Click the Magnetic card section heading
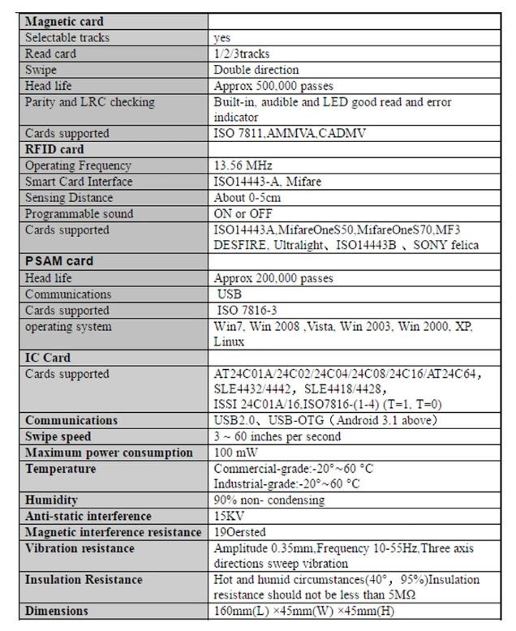[64, 22]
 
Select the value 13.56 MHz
[243, 165]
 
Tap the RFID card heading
[54, 149]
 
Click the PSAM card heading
[59, 261]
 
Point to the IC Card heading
[48, 358]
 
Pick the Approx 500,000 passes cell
[273, 86]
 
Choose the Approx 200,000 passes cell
[273, 278]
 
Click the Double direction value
[256, 70]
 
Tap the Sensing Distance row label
[69, 198]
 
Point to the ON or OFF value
[244, 214]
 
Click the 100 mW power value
[237, 453]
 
